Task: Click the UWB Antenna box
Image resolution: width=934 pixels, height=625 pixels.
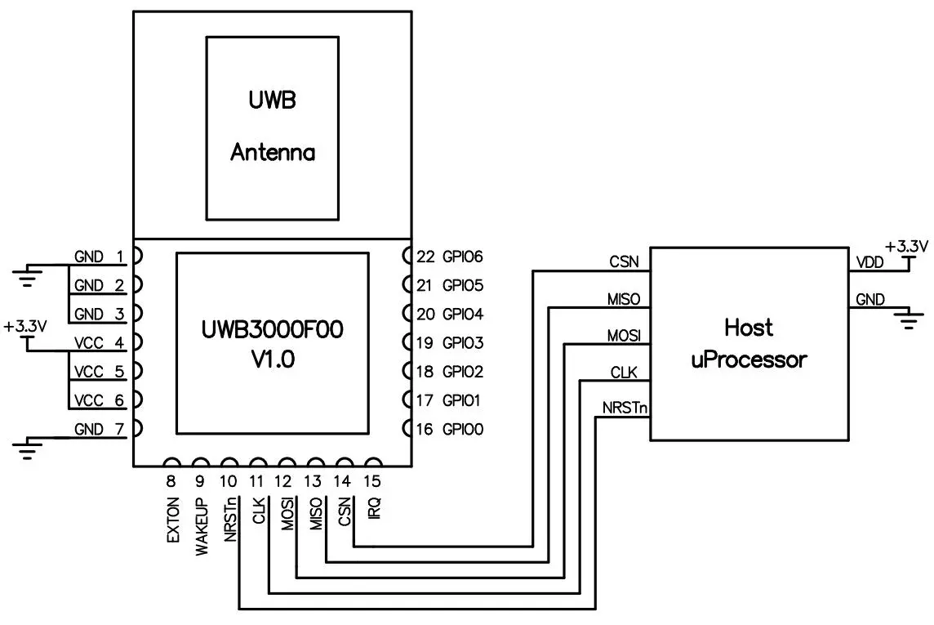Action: point(272,127)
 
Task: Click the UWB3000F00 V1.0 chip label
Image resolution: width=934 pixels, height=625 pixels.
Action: point(272,343)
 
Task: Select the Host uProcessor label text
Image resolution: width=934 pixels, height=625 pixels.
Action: point(749,343)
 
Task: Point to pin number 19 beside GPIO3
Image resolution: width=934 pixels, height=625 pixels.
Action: point(425,342)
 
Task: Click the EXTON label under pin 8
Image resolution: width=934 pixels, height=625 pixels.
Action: point(172,520)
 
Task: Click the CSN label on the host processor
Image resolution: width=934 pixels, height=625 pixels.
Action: point(624,262)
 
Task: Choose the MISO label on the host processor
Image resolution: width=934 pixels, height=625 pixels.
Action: point(623,298)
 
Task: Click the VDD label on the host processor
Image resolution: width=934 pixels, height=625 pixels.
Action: point(869,262)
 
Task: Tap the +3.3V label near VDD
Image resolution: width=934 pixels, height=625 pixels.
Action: point(906,245)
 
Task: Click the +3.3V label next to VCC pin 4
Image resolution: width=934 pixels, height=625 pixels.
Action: point(25,325)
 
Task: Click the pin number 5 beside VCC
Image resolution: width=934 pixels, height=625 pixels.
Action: point(119,372)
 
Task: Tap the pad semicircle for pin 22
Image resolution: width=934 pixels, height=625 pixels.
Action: point(407,257)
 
